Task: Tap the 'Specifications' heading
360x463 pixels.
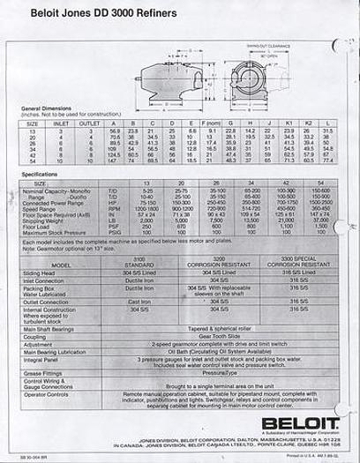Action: tap(41, 175)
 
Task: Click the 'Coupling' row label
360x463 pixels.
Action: tap(35, 336)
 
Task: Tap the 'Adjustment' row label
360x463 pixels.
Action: tap(39, 343)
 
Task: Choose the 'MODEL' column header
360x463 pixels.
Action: tap(62, 264)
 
